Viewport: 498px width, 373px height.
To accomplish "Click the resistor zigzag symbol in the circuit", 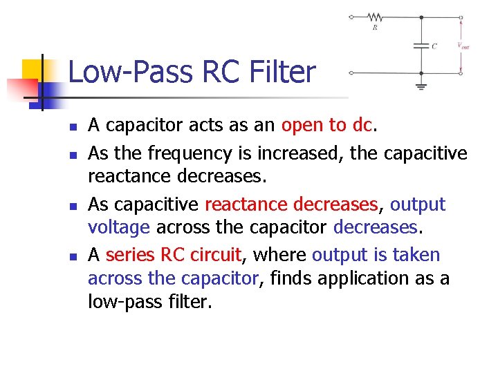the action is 375,17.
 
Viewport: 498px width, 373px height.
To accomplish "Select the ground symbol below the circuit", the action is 421,86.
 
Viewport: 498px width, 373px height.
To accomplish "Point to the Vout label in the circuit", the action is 463,46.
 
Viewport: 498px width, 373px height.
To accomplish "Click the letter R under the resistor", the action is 375,28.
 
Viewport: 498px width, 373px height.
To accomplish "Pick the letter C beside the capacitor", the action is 434,46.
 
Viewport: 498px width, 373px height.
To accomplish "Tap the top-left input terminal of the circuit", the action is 351,17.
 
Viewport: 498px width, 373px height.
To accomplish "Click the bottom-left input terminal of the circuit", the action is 351,72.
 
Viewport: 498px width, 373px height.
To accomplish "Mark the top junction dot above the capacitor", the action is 421,17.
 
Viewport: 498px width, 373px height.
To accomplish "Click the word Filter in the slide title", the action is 279,72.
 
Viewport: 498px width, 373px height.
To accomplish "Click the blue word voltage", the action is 119,227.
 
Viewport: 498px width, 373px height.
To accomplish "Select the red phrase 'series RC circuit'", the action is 172,255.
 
